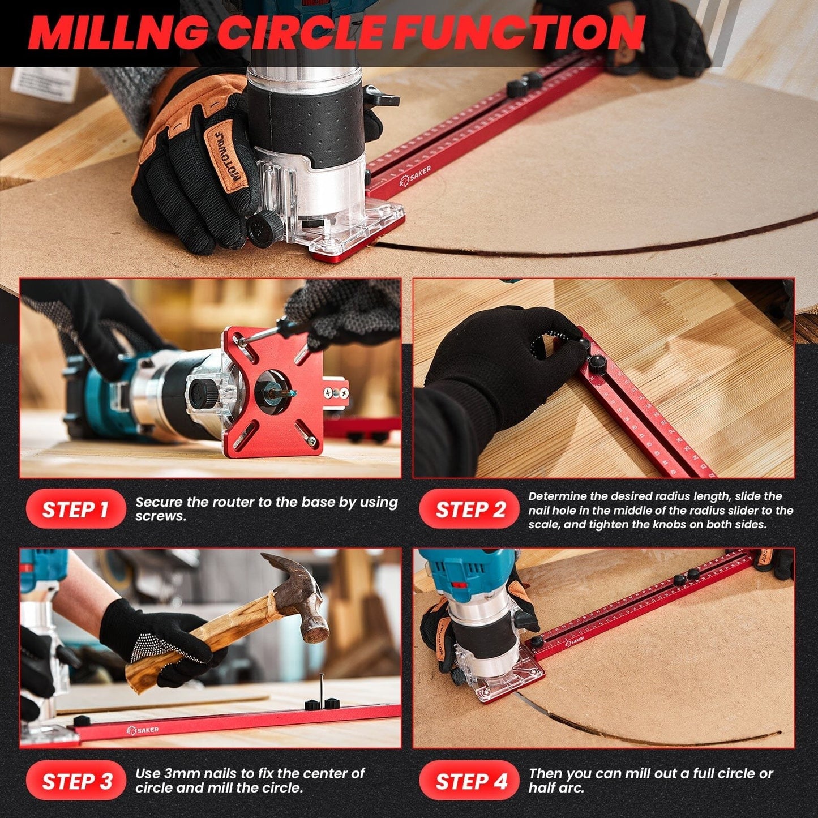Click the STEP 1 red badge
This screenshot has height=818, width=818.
click(75, 509)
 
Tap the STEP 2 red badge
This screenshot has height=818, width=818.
click(469, 509)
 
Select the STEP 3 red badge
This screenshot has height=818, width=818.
click(75, 781)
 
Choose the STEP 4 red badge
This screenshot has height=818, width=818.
click(469, 781)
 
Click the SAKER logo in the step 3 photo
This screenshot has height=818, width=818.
click(143, 730)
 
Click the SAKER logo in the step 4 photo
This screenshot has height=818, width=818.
click(574, 641)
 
